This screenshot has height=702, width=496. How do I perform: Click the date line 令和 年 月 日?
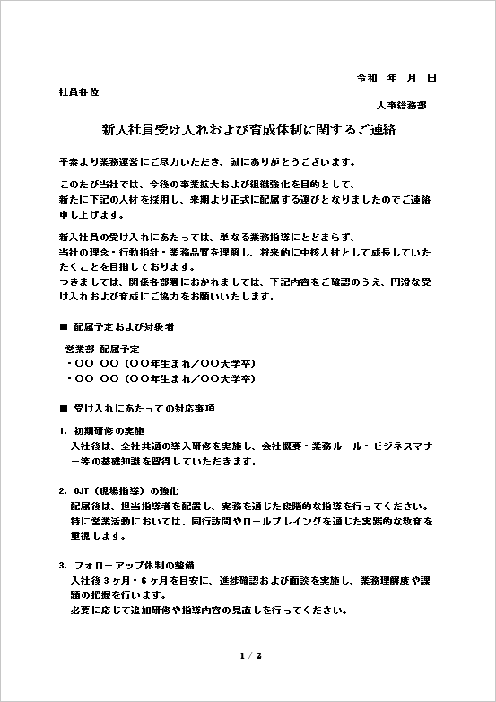click(x=396, y=78)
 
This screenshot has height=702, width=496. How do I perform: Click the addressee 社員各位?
click(x=78, y=91)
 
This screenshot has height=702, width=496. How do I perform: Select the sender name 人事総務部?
click(x=402, y=105)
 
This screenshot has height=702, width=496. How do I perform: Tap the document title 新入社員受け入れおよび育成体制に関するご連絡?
click(x=248, y=130)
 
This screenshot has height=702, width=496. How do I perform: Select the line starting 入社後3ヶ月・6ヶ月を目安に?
click(x=251, y=581)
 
